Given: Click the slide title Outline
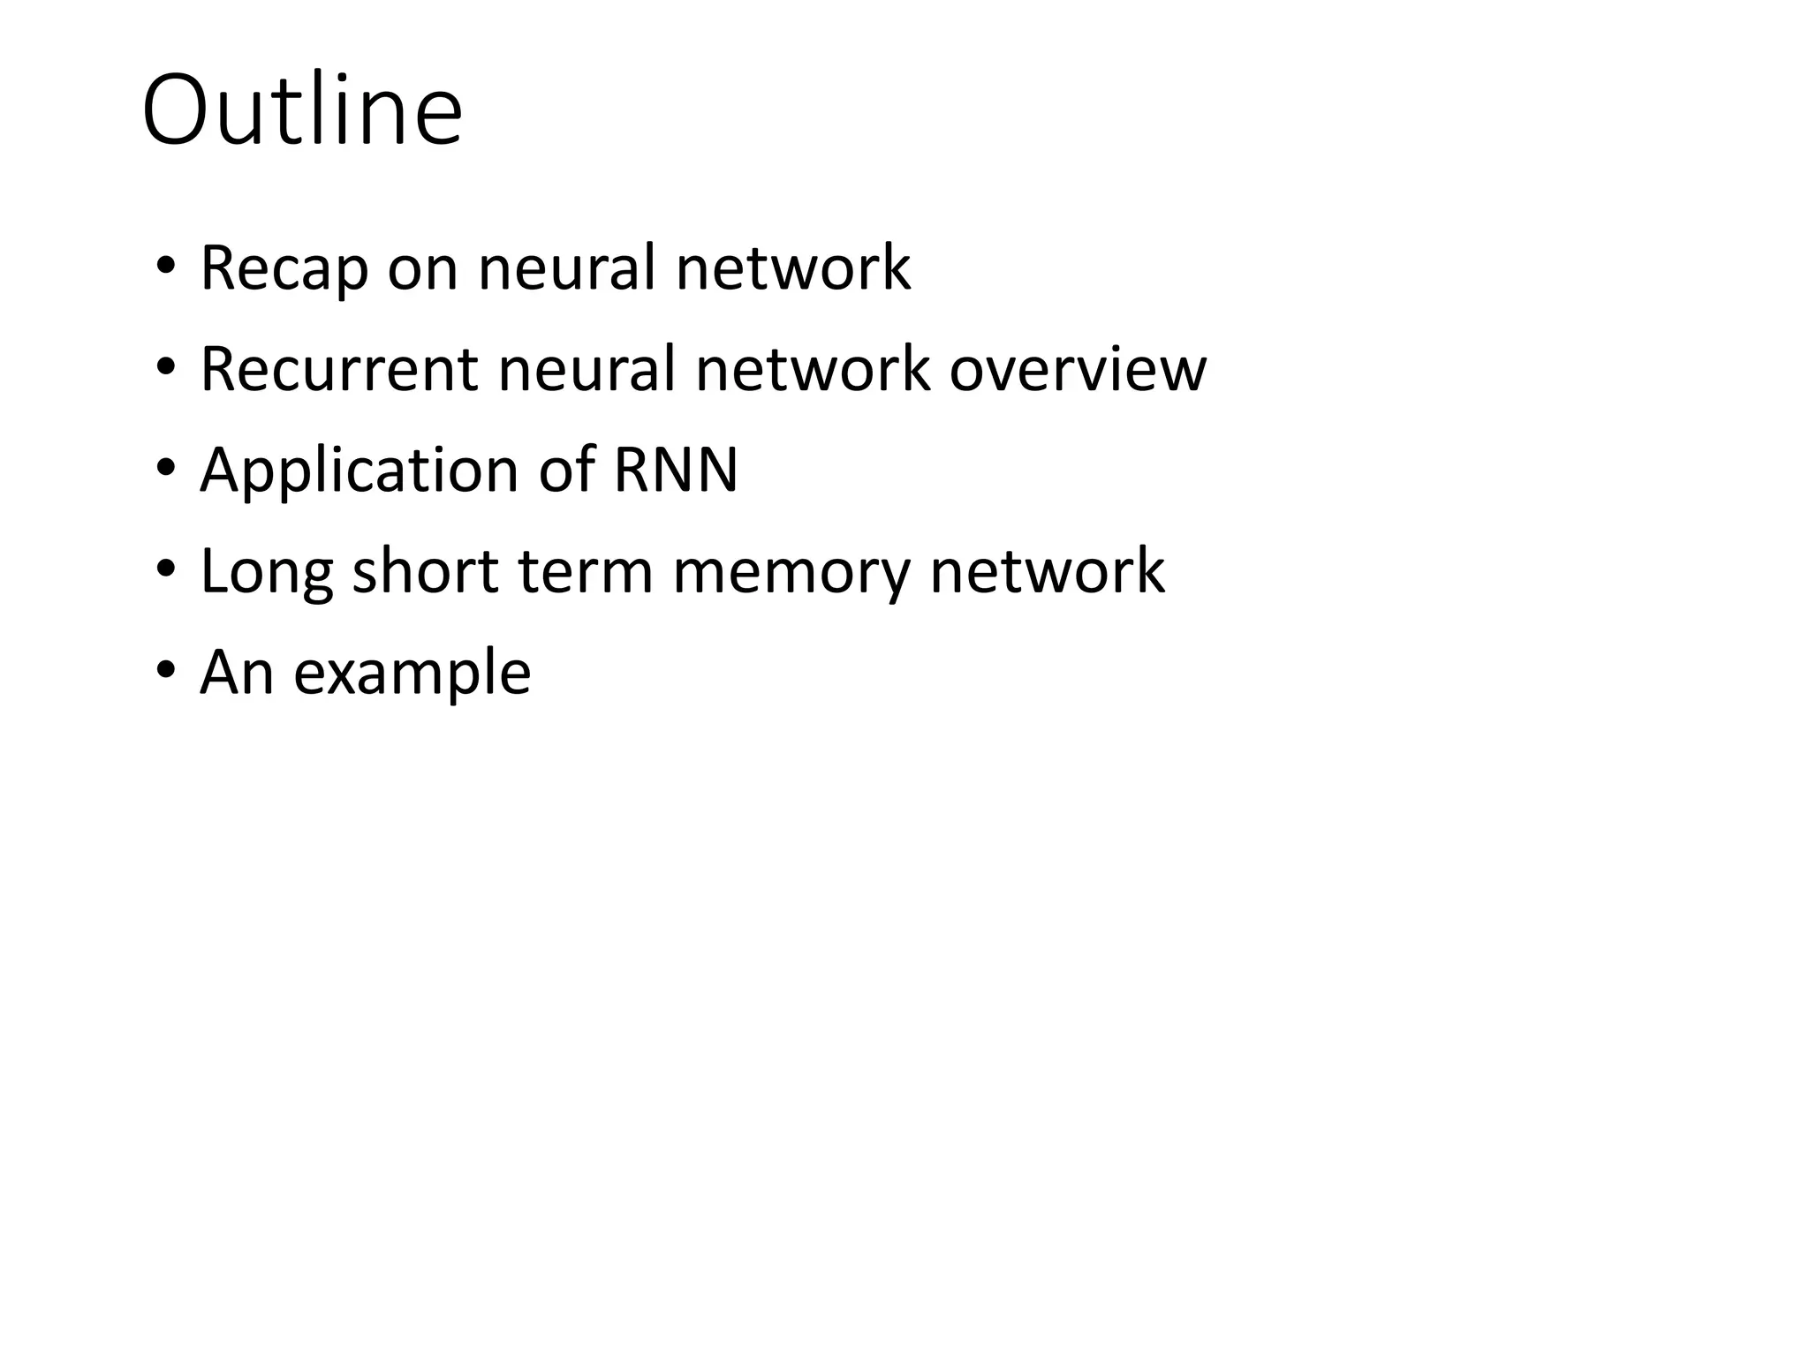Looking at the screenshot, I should [x=301, y=111].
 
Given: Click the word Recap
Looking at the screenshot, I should [x=284, y=267].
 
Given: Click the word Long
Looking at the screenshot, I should [x=266, y=572].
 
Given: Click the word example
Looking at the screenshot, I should [x=412, y=674].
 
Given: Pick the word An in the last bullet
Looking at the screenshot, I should [x=237, y=672].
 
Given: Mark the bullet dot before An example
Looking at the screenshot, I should [x=165, y=672].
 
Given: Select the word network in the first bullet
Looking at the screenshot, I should [x=792, y=267].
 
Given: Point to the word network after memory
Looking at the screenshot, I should [x=1047, y=570].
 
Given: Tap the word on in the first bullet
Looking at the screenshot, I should [x=422, y=269].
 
